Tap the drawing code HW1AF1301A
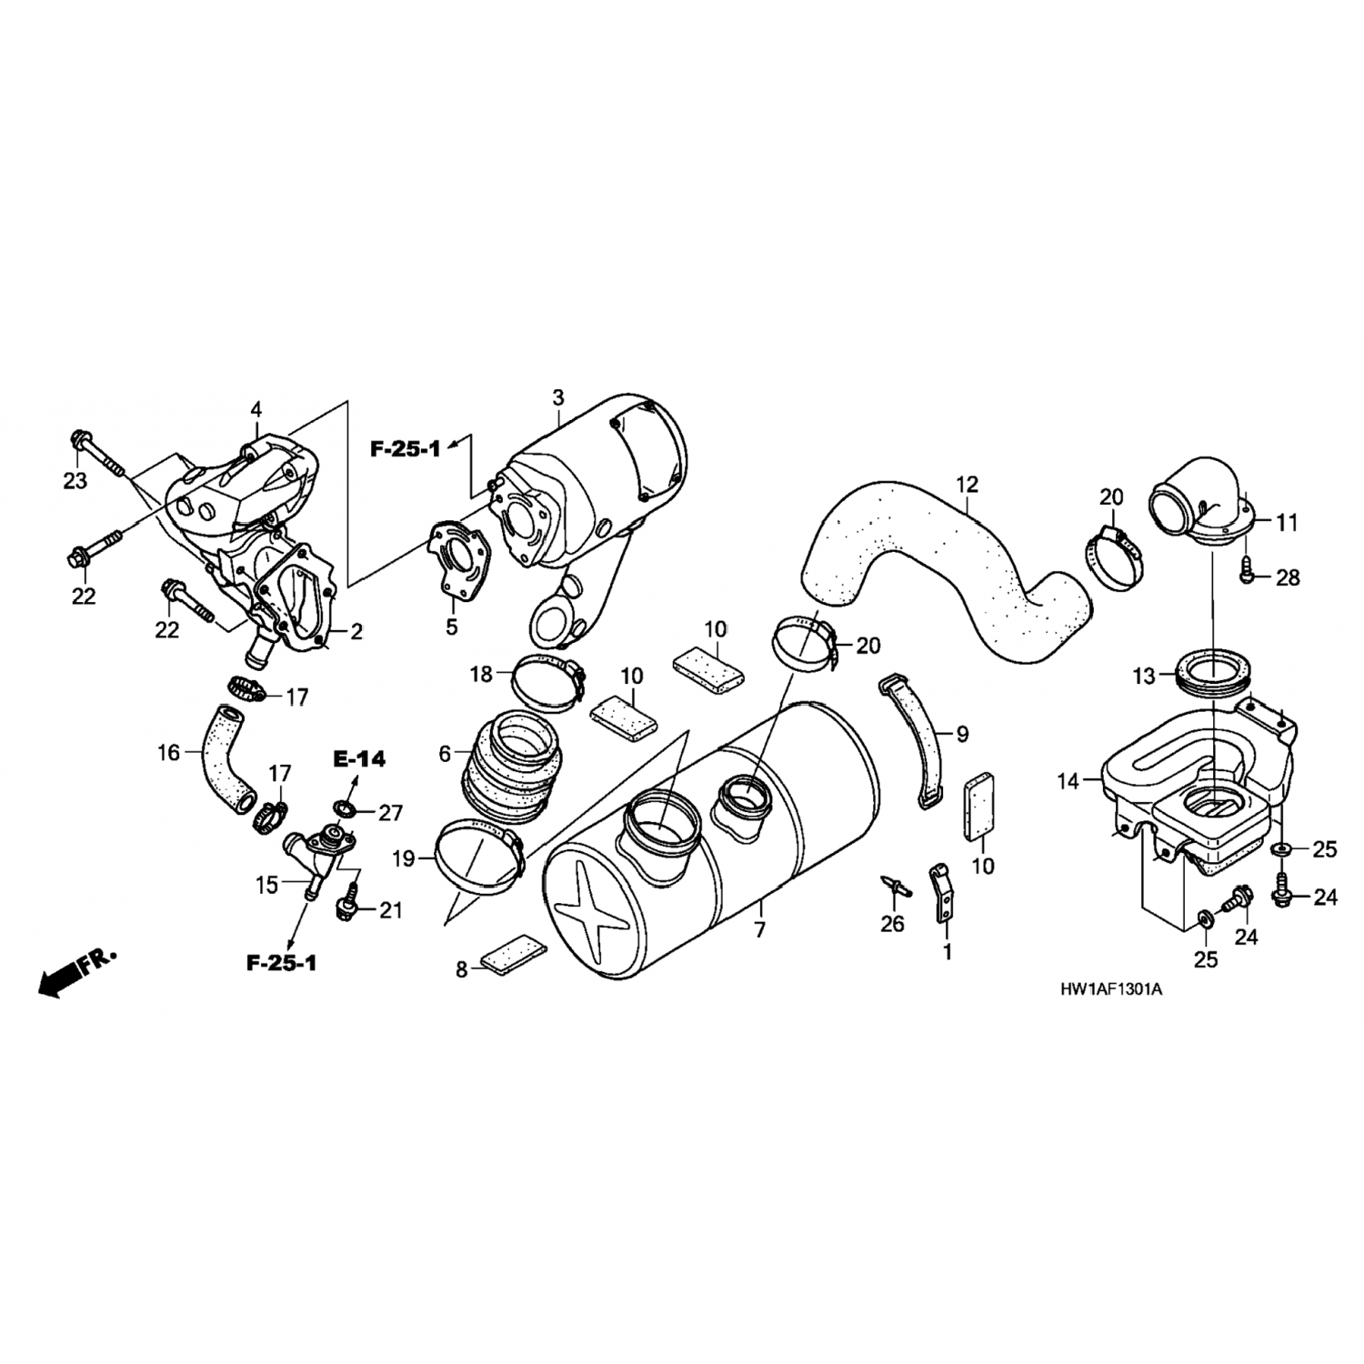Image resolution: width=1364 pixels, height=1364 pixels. (1111, 988)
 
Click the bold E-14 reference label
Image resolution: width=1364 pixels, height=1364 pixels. (359, 758)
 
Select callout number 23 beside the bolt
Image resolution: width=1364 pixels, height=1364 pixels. (75, 480)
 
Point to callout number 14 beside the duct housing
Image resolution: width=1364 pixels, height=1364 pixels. (1068, 780)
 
